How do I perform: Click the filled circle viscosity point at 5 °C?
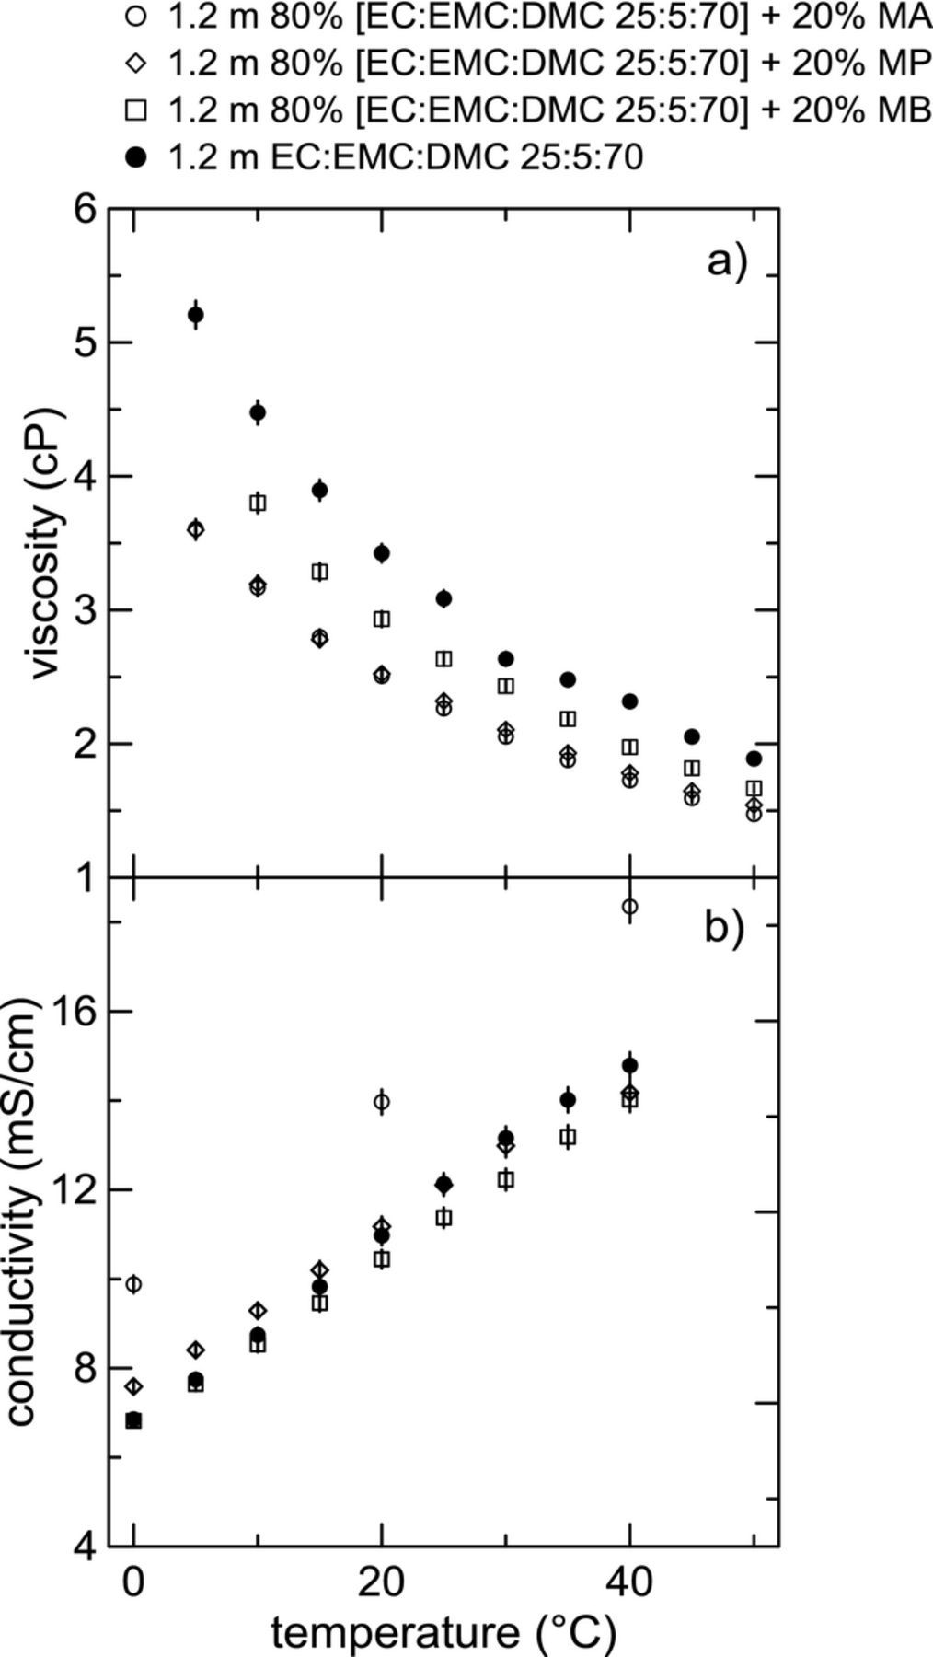195,315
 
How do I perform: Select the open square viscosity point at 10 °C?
258,503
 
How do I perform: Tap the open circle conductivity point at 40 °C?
629,907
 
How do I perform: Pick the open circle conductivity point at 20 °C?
382,1101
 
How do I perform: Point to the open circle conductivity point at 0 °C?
134,1283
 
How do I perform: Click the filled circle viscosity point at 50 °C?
754,759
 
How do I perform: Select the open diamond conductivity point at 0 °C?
134,1386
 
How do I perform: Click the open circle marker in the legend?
136,16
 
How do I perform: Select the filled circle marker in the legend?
136,157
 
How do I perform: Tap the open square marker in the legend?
136,110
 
